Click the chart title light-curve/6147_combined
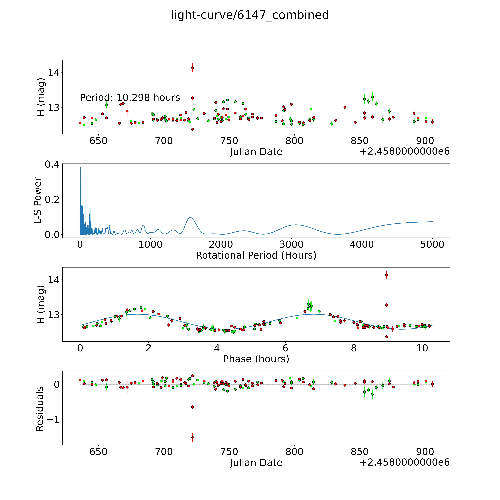(250, 15)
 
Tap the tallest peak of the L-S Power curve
(80, 167)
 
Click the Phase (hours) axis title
(256, 359)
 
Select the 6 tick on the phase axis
(285, 348)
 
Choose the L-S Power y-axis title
(38, 201)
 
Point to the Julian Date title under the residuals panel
(256, 463)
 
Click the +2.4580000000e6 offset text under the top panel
(405, 151)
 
